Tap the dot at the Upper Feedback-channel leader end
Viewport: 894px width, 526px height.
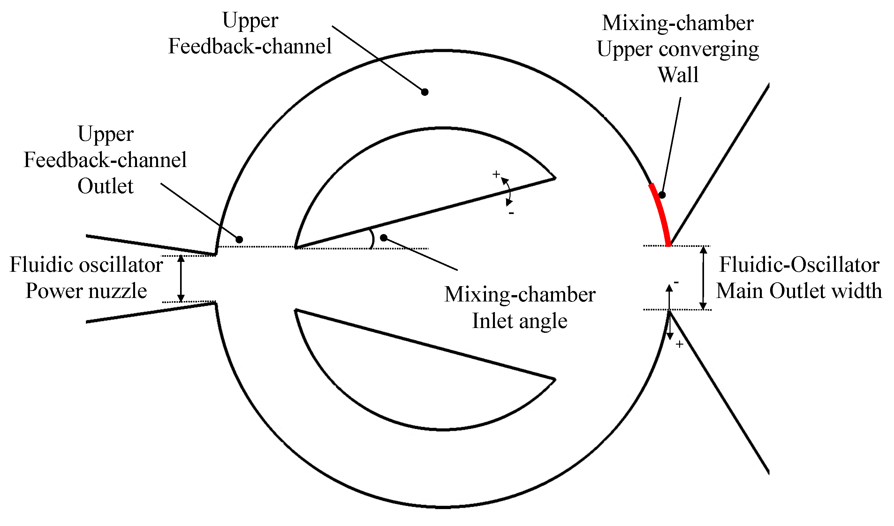[425, 92]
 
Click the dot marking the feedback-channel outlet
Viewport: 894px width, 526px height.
[239, 240]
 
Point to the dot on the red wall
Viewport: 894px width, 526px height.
[662, 195]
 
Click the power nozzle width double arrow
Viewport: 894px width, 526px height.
[181, 278]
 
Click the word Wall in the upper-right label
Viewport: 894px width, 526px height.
[678, 75]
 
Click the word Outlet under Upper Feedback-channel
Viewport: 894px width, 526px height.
[105, 186]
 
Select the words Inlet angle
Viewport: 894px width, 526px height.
[520, 321]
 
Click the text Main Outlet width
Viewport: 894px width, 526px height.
[799, 291]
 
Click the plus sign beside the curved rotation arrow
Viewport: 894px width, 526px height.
[496, 174]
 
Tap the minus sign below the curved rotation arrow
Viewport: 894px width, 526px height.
[511, 213]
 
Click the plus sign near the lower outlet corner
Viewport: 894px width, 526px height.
[679, 344]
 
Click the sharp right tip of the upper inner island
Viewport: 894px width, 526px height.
[555, 178]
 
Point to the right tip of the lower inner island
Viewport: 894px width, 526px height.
[555, 379]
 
